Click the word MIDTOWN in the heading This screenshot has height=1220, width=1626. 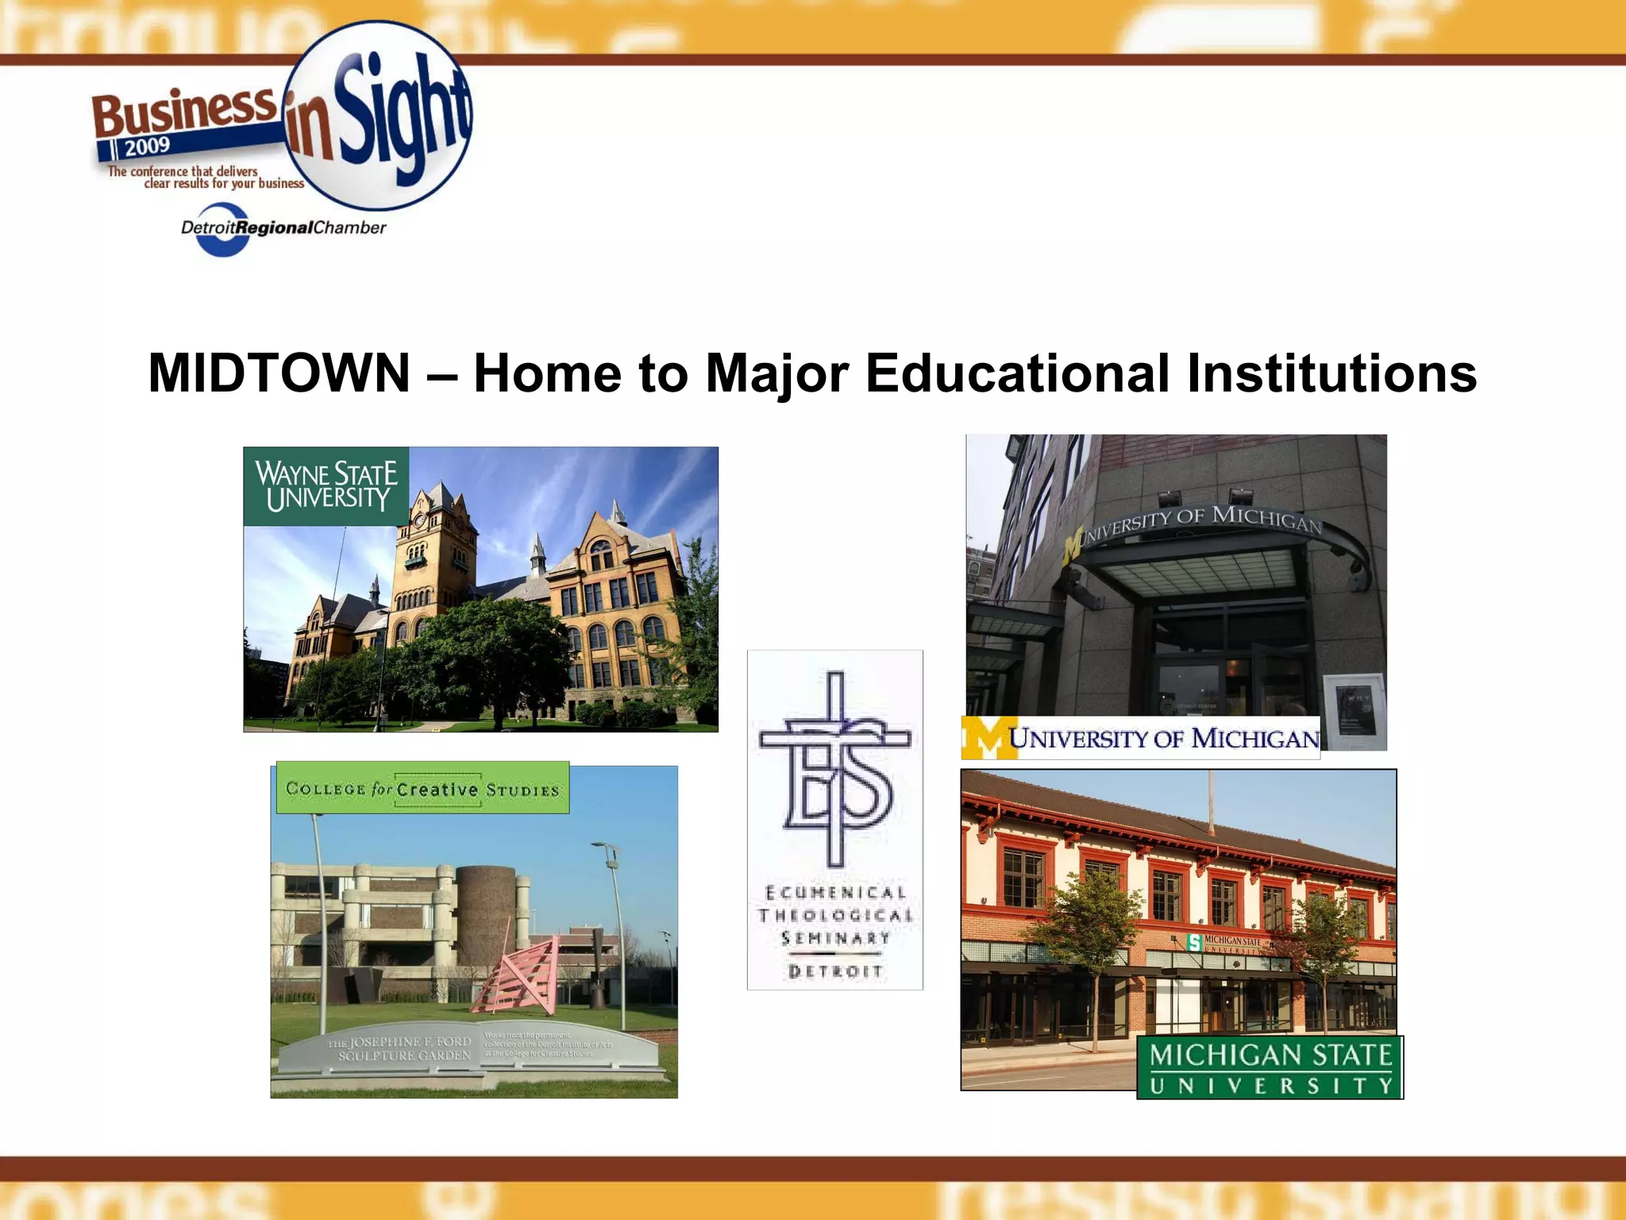(279, 373)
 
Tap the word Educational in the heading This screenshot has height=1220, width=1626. (1017, 373)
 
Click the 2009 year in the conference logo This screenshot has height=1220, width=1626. (147, 146)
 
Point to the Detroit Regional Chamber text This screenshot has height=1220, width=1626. (283, 228)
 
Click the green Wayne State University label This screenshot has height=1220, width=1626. (326, 486)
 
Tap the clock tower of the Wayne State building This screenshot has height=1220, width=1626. (435, 548)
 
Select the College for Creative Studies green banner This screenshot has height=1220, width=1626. (422, 789)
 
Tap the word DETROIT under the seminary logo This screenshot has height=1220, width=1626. (835, 971)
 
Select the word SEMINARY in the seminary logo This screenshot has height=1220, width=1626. (835, 938)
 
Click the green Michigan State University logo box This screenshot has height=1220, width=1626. (1270, 1068)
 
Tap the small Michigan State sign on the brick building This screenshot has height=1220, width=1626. (1223, 943)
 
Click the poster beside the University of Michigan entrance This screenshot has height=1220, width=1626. (1354, 711)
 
